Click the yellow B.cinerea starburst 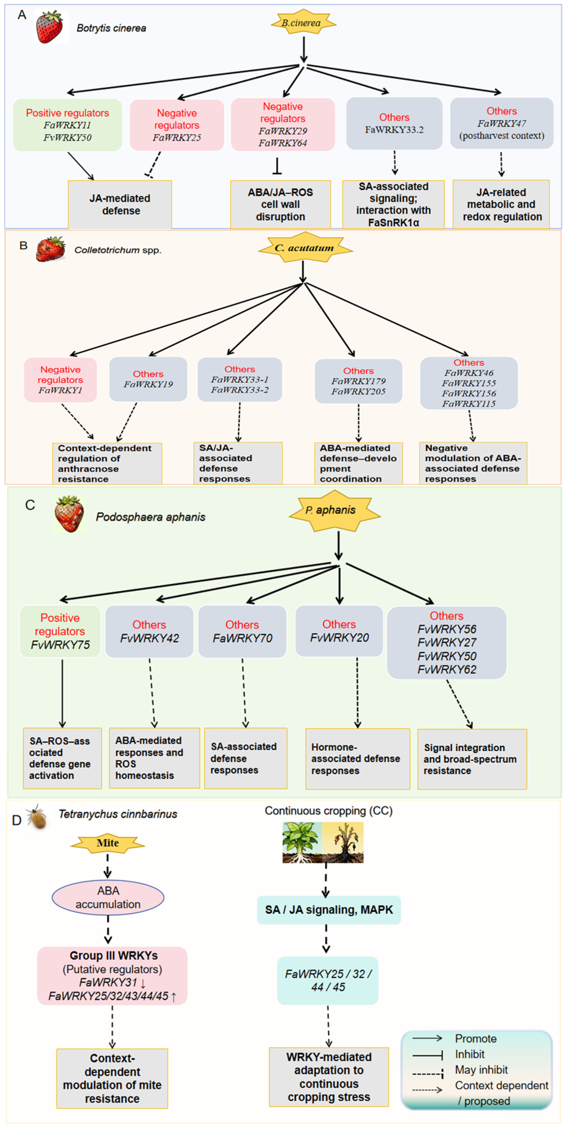click(303, 22)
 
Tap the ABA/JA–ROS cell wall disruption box click(281, 204)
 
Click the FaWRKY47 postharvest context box click(502, 124)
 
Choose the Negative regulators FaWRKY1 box click(60, 380)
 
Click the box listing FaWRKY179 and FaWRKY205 click(358, 381)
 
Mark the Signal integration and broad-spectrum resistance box click(472, 759)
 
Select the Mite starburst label click(108, 843)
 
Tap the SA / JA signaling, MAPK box click(329, 910)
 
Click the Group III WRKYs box click(112, 976)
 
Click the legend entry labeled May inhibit click(460, 1070)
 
